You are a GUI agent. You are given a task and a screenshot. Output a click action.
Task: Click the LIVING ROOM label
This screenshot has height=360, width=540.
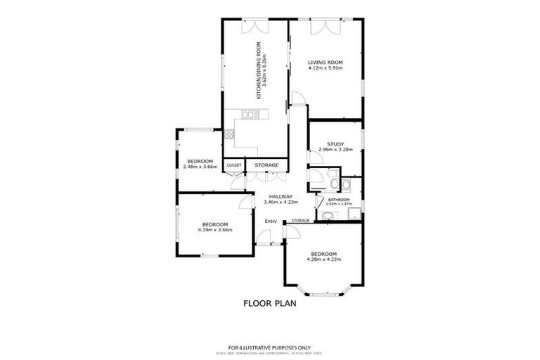click(325, 63)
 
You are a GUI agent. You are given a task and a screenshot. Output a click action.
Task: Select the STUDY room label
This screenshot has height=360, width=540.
click(335, 144)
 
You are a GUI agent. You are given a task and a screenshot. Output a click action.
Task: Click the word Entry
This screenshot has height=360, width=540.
click(271, 221)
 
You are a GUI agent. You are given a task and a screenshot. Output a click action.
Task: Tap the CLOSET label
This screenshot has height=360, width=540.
click(233, 165)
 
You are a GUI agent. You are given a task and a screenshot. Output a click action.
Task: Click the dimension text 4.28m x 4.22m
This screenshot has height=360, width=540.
click(323, 259)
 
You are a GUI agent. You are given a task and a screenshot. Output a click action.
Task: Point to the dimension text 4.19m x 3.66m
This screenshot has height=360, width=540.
click(214, 229)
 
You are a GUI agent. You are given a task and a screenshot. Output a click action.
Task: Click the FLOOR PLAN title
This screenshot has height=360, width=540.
click(270, 304)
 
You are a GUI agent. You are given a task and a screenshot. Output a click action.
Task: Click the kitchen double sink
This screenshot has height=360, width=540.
click(248, 115)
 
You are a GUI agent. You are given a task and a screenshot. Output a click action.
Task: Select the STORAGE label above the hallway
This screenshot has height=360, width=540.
click(266, 165)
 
